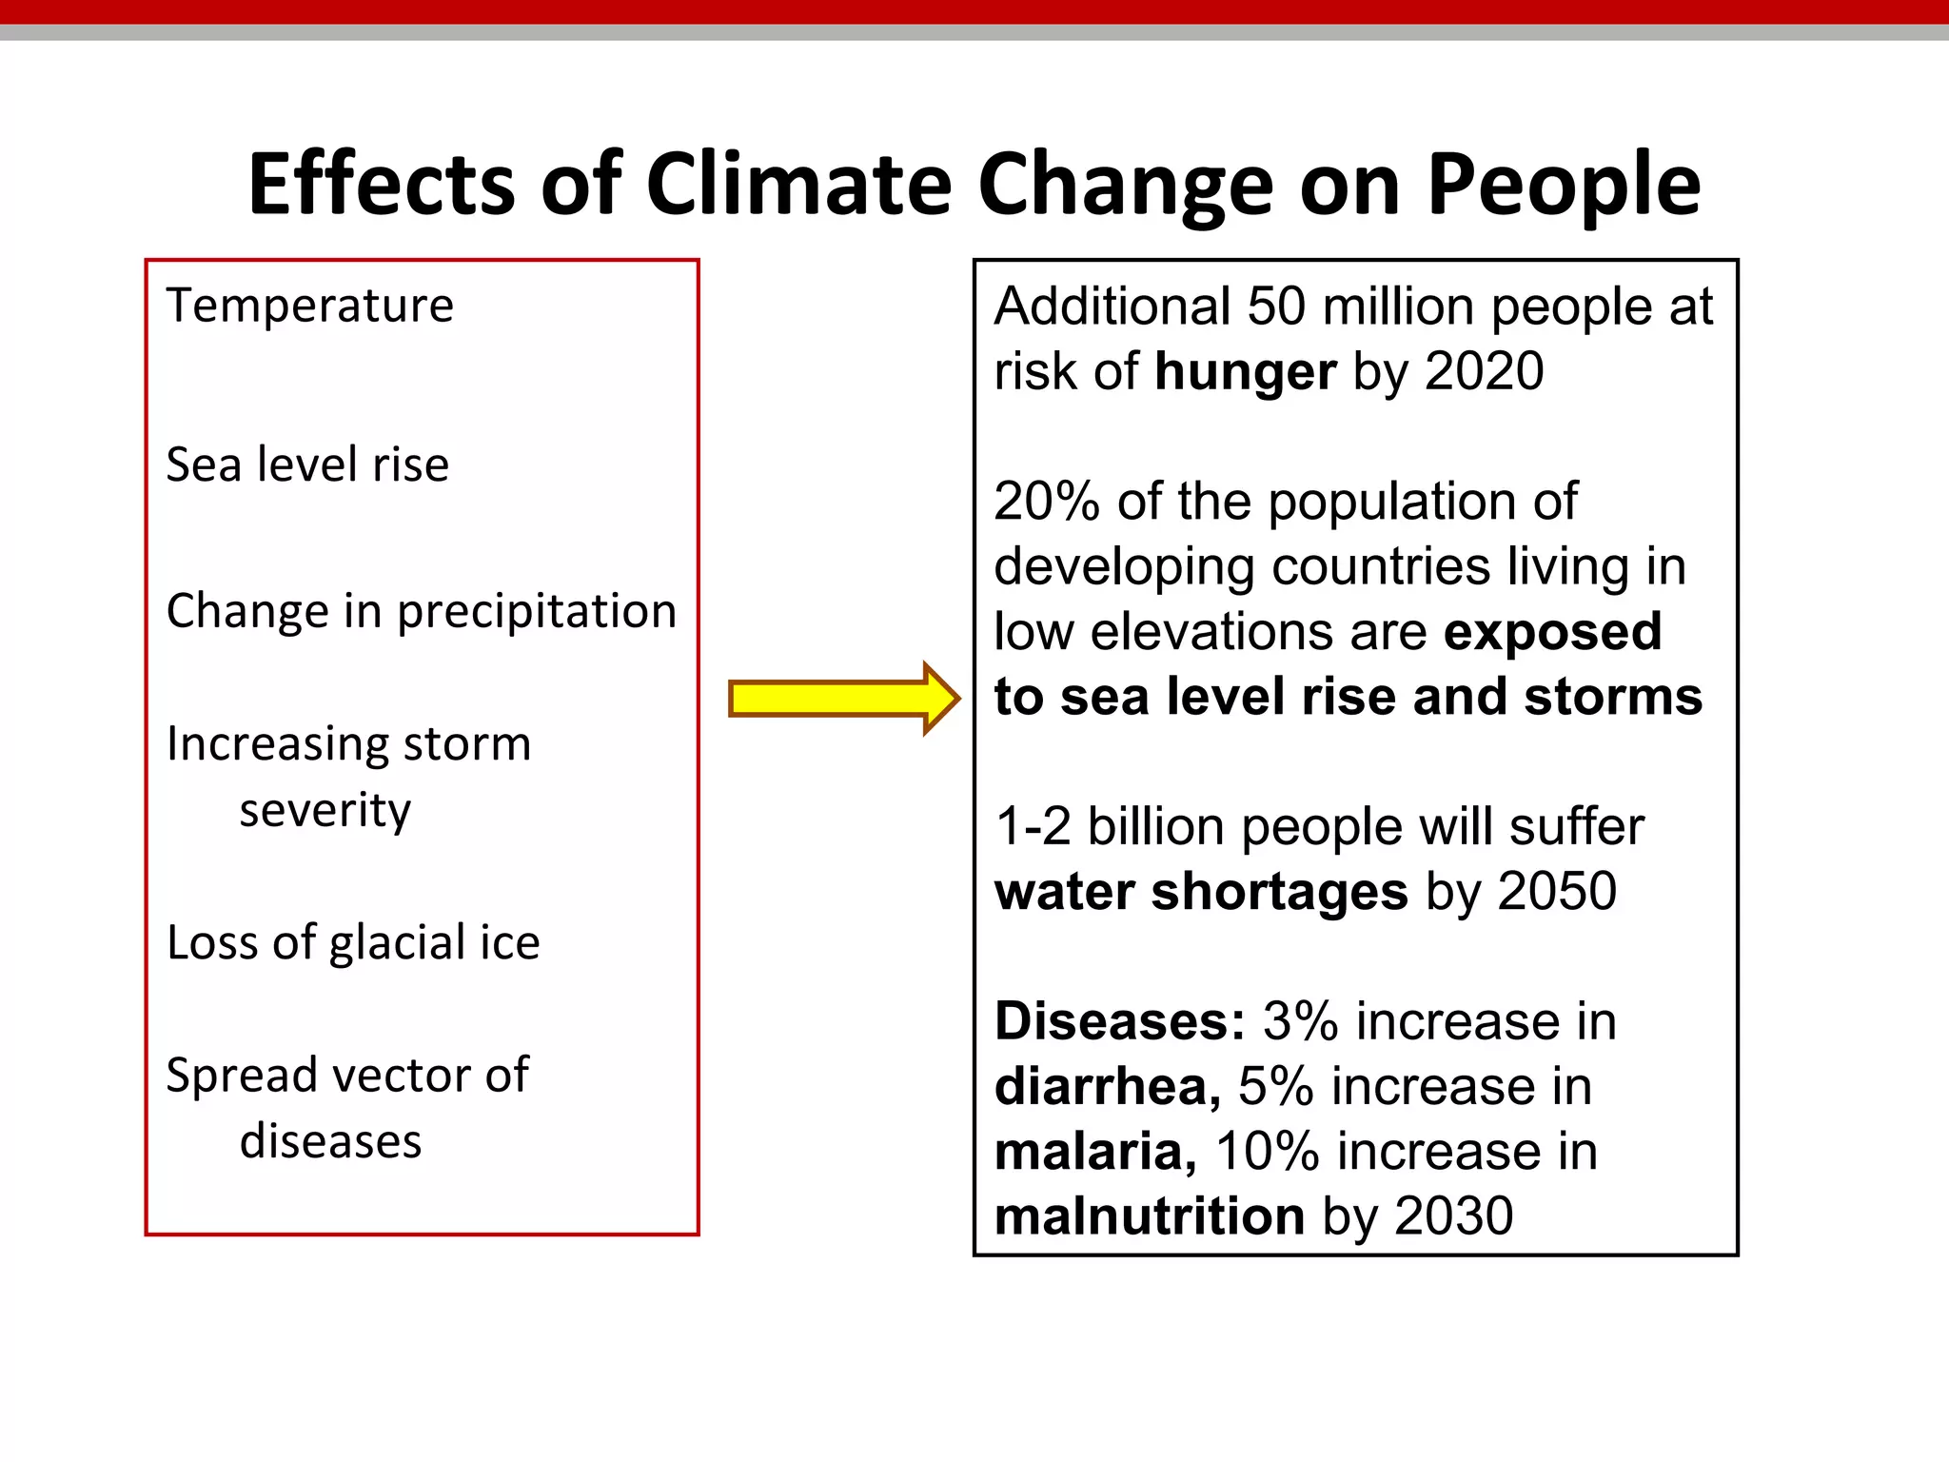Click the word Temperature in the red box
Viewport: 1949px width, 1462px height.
(x=309, y=306)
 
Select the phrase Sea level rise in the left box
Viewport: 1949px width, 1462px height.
(x=306, y=464)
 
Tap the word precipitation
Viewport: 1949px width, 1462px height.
(x=536, y=611)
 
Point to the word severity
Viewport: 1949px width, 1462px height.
(x=325, y=810)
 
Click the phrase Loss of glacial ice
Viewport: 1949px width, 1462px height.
(x=353, y=942)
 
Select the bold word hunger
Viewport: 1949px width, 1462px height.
(x=1245, y=371)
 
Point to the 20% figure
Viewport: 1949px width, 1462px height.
(x=1046, y=502)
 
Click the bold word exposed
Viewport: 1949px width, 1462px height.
(x=1551, y=632)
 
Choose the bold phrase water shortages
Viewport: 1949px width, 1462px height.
(x=1200, y=892)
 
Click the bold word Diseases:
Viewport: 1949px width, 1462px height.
(x=1119, y=1021)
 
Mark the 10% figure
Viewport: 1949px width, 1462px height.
(x=1266, y=1152)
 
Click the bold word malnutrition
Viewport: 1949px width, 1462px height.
(x=1149, y=1216)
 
